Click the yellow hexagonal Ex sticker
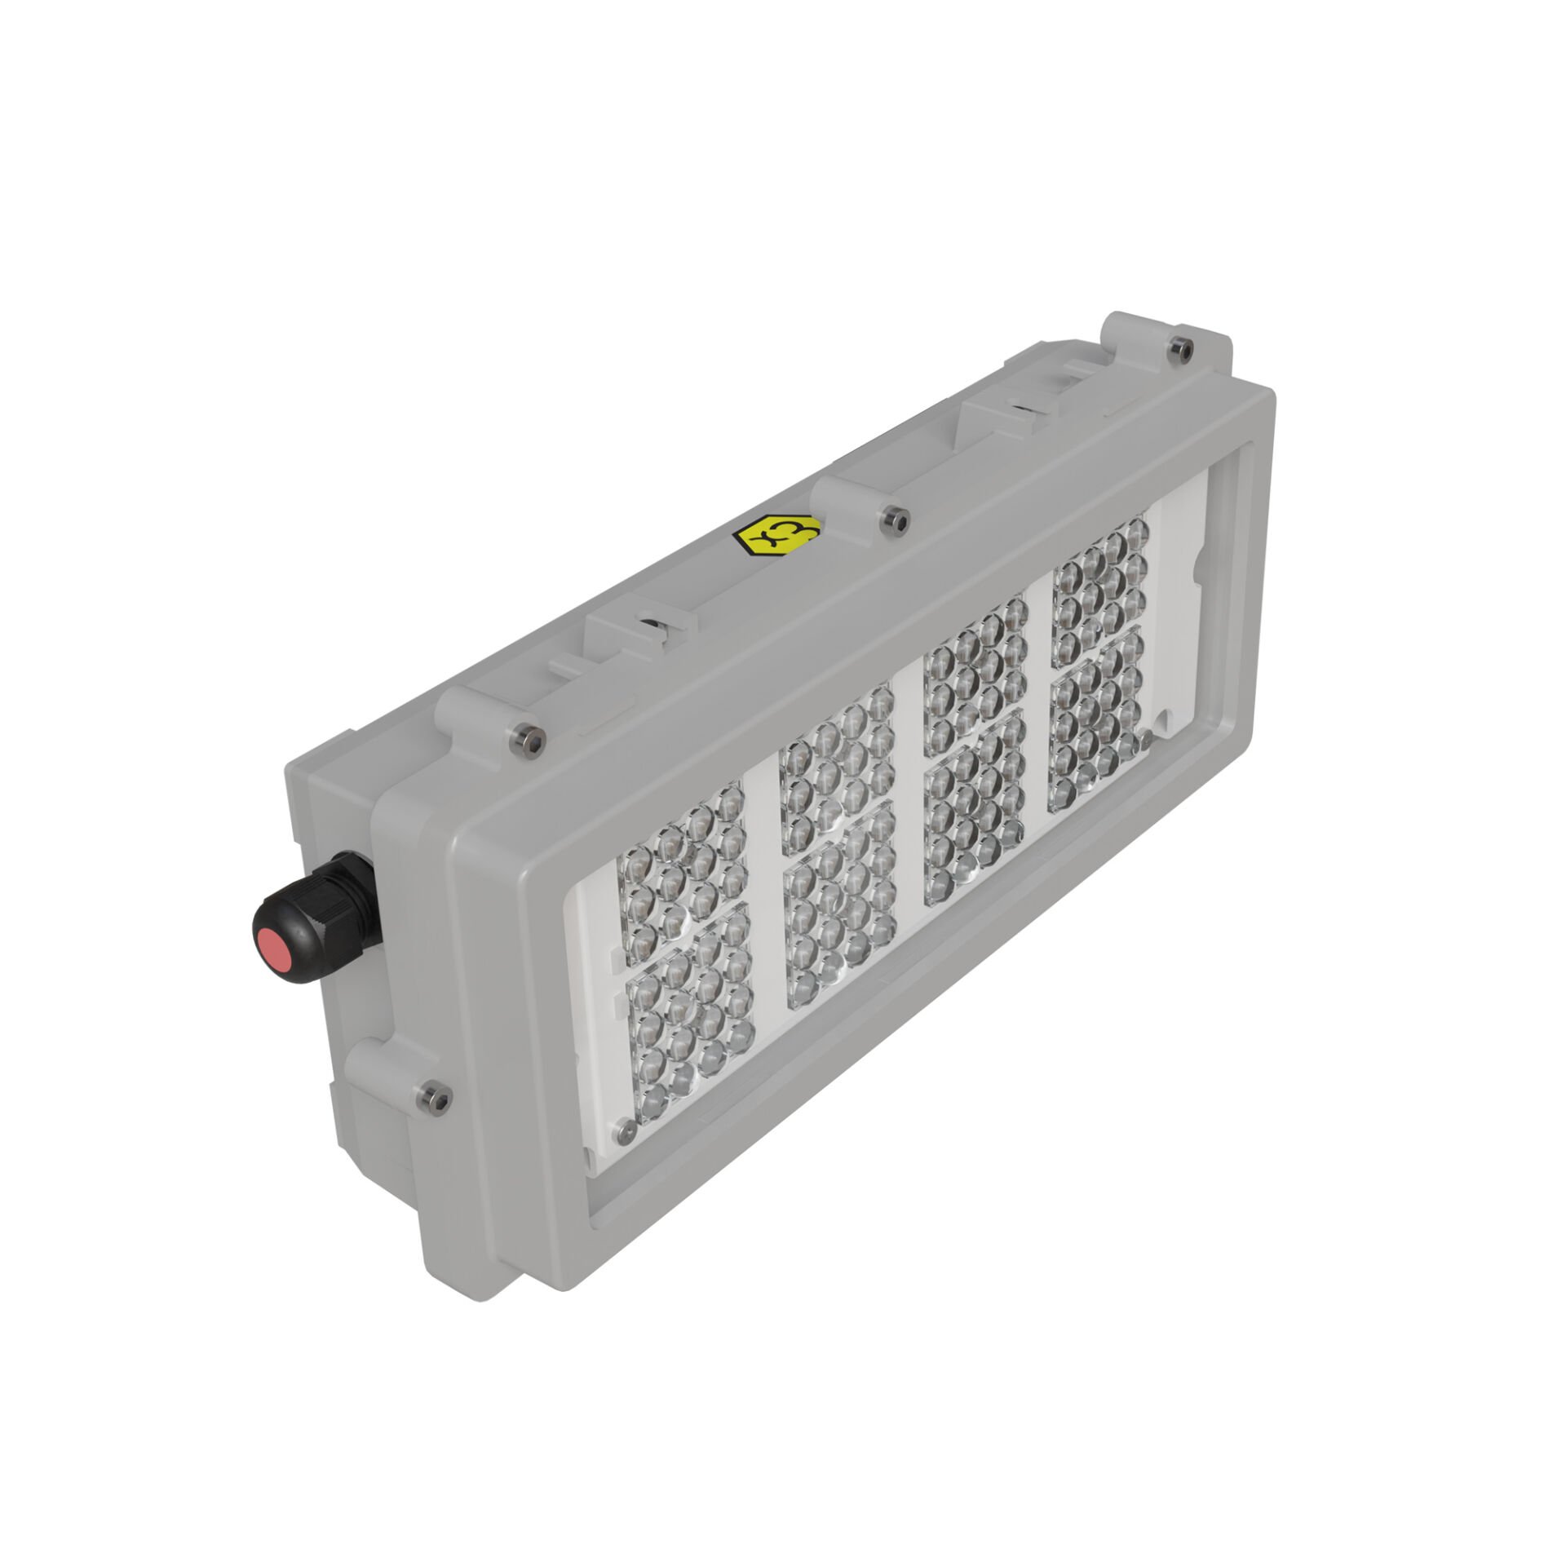[x=777, y=537]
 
